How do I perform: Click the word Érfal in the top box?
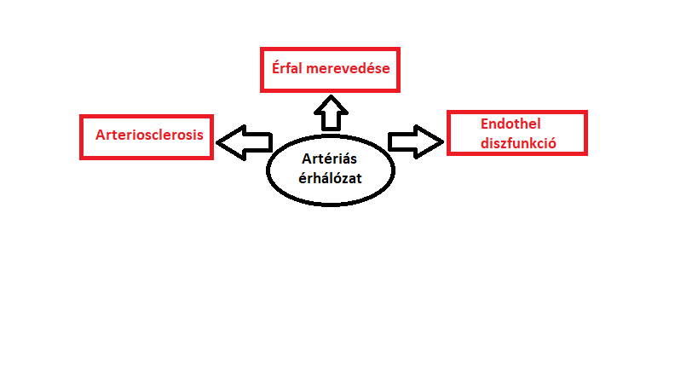(286, 67)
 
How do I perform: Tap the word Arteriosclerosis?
(149, 135)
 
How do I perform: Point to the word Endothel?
(511, 124)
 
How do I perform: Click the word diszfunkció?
(518, 143)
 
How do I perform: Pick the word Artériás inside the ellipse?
(329, 159)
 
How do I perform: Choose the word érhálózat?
(330, 178)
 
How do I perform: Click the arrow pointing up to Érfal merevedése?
(331, 113)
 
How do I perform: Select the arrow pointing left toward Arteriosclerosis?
(245, 142)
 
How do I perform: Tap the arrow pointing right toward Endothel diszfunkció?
(416, 142)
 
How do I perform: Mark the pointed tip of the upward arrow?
(331, 95)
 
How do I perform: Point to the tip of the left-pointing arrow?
(216, 142)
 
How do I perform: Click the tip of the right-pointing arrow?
(443, 142)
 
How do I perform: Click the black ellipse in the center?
(267, 170)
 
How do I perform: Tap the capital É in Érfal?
(276, 67)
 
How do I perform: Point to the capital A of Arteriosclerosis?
(101, 135)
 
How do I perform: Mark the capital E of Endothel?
(485, 124)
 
